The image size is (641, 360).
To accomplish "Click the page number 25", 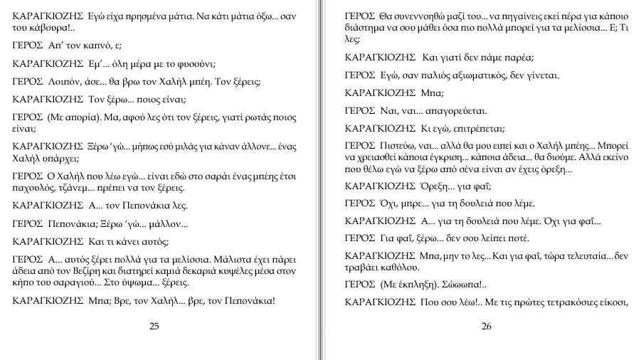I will pyautogui.click(x=154, y=327).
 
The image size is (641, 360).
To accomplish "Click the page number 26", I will pyautogui.click(x=487, y=327).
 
